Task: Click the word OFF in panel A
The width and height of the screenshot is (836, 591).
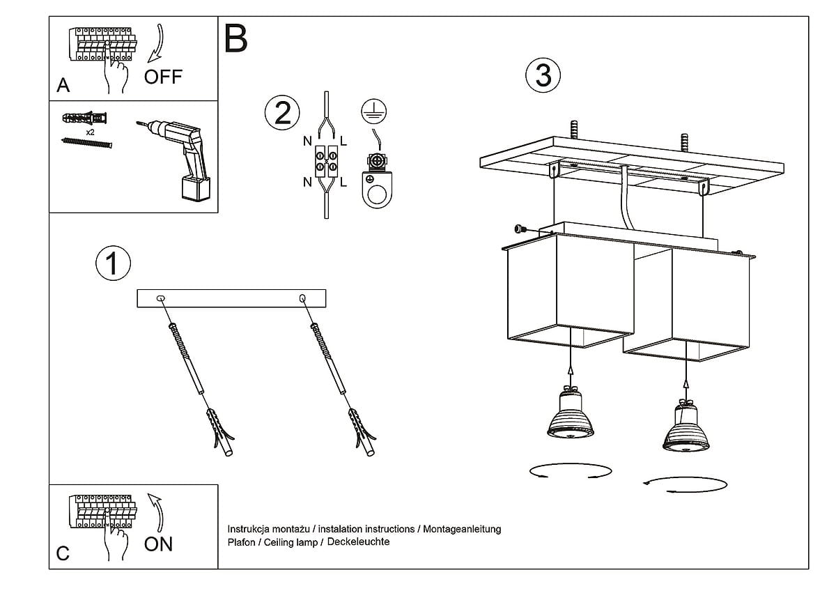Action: tap(162, 77)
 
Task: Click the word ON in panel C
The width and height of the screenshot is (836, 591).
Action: tap(158, 544)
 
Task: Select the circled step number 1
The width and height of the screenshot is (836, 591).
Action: tap(113, 264)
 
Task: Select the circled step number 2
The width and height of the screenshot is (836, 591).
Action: tap(282, 113)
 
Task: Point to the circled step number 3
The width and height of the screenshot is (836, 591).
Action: tap(543, 75)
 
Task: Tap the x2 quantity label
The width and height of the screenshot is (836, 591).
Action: tap(90, 132)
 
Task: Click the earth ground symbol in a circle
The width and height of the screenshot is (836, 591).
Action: tap(374, 112)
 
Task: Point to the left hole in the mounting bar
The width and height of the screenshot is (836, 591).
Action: tap(162, 299)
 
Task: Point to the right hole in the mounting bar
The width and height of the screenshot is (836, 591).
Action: tap(302, 299)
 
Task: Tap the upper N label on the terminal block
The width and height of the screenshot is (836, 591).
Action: tap(307, 141)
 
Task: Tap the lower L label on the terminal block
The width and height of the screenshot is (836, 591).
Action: tap(343, 183)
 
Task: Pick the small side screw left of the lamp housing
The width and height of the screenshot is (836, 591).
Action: tap(518, 229)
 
